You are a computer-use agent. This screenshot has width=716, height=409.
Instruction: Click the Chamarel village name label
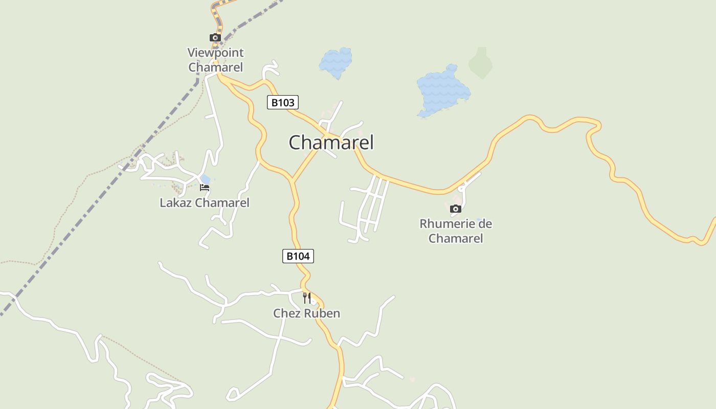pyautogui.click(x=331, y=142)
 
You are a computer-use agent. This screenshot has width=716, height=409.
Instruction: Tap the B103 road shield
pyautogui.click(x=282, y=102)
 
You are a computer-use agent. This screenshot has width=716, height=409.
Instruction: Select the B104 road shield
pyautogui.click(x=298, y=256)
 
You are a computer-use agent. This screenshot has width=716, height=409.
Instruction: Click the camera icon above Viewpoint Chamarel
pyautogui.click(x=215, y=38)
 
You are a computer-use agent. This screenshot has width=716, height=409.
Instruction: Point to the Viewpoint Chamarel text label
pyautogui.click(x=215, y=60)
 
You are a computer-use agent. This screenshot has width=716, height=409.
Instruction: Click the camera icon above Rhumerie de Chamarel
pyautogui.click(x=455, y=209)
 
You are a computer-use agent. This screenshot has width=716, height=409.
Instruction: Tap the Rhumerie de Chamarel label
pyautogui.click(x=456, y=231)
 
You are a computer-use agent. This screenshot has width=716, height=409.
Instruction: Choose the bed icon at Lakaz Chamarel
pyautogui.click(x=205, y=188)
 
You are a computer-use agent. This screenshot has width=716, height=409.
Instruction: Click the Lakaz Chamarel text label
pyautogui.click(x=205, y=203)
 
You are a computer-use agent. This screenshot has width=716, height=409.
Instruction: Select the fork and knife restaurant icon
pyautogui.click(x=307, y=298)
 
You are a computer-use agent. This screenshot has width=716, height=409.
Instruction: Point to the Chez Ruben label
pyautogui.click(x=306, y=313)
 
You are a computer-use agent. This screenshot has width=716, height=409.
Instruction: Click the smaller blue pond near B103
pyautogui.click(x=336, y=63)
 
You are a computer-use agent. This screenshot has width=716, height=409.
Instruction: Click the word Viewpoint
pyautogui.click(x=215, y=53)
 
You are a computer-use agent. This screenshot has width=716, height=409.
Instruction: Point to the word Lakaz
pyautogui.click(x=175, y=203)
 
